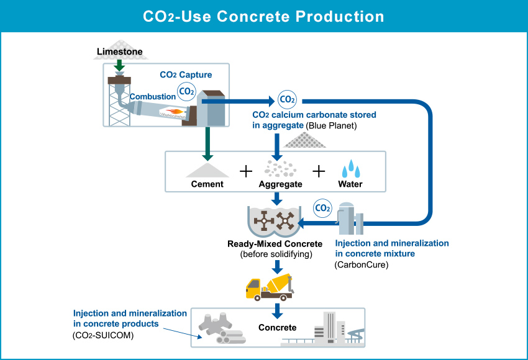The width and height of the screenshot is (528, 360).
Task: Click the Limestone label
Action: tap(119, 52)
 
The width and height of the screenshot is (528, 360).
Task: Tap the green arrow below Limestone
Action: tap(119, 65)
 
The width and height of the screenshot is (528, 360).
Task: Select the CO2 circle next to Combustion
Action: tap(186, 91)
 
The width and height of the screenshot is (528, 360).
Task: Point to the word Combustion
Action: tap(153, 97)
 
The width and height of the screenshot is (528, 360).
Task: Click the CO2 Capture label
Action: tap(186, 74)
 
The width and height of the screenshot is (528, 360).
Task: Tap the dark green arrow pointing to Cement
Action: tap(207, 143)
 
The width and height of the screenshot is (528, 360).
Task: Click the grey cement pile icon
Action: tap(207, 170)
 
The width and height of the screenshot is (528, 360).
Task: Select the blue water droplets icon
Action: tap(351, 168)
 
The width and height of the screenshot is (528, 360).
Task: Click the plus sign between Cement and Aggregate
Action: tap(246, 171)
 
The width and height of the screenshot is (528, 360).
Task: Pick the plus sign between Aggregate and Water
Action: tap(319, 171)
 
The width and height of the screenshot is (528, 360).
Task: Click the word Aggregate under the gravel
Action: tap(281, 184)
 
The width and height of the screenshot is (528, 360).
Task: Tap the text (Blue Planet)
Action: tap(331, 125)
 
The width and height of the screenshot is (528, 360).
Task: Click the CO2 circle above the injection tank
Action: tap(322, 208)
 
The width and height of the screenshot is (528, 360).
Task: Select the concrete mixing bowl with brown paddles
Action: tap(275, 222)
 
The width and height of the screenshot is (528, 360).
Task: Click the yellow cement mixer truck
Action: tap(270, 287)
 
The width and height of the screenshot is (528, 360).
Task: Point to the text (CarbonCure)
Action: tap(362, 265)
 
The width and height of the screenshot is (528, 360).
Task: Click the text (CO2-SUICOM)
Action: tap(103, 335)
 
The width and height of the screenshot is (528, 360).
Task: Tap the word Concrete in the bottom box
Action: tap(278, 327)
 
